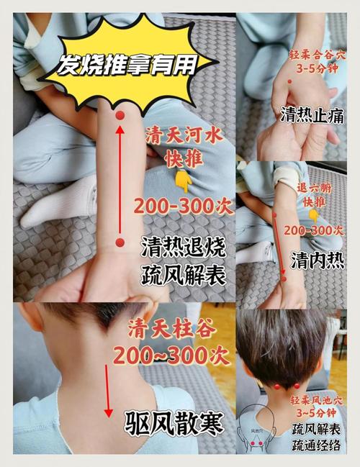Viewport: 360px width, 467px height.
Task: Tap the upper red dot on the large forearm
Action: pyautogui.click(x=120, y=115)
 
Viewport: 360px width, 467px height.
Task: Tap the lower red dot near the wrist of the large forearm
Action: pyautogui.click(x=120, y=242)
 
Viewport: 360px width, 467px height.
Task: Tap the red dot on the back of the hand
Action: pyautogui.click(x=290, y=81)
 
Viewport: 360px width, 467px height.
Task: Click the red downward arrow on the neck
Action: pyautogui.click(x=109, y=388)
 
